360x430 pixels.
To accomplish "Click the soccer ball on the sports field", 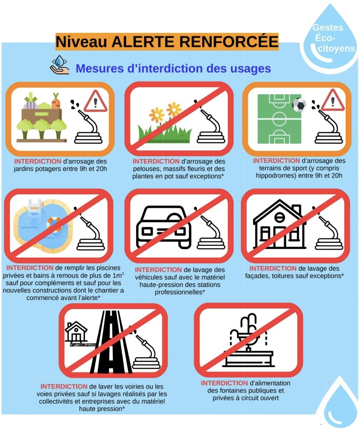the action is point(299,105).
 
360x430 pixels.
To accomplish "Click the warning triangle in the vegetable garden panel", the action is point(95,101).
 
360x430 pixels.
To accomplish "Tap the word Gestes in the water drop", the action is point(328,28).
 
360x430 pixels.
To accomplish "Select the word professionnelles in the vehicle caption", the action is point(180,292).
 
